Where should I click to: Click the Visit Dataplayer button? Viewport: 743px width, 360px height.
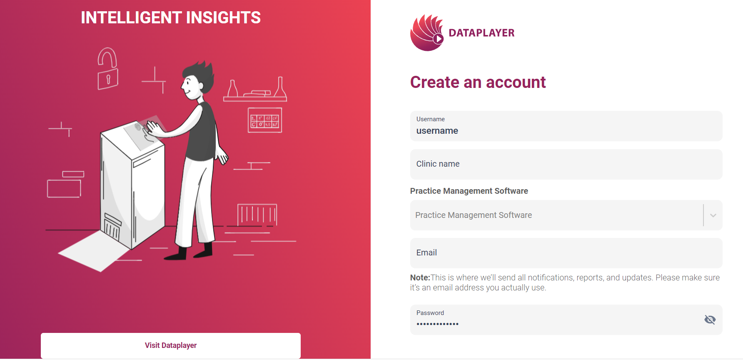point(171,345)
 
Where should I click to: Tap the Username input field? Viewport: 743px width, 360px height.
point(566,126)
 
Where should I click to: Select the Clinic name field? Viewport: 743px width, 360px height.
point(566,164)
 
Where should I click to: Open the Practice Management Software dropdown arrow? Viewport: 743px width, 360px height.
point(713,215)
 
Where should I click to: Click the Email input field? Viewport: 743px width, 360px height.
point(566,253)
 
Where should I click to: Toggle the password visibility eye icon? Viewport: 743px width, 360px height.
point(710,320)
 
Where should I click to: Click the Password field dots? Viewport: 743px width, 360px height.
point(437,324)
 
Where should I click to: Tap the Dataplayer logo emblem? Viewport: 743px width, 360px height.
point(427,32)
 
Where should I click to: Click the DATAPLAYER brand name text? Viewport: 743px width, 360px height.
point(481,33)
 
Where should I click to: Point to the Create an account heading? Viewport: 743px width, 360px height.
point(478,82)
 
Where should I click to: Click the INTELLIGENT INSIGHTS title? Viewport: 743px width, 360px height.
point(171,17)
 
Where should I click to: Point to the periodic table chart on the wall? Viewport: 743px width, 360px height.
point(265,120)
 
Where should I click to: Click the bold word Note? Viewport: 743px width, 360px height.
point(420,277)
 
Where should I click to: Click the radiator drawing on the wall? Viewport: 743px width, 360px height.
point(257,215)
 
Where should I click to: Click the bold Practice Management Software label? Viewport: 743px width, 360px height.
point(469,191)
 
